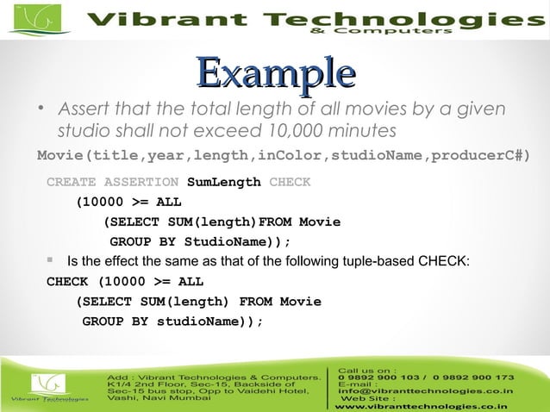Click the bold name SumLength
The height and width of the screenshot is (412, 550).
tap(223, 182)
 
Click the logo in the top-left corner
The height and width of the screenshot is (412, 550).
tap(34, 20)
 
